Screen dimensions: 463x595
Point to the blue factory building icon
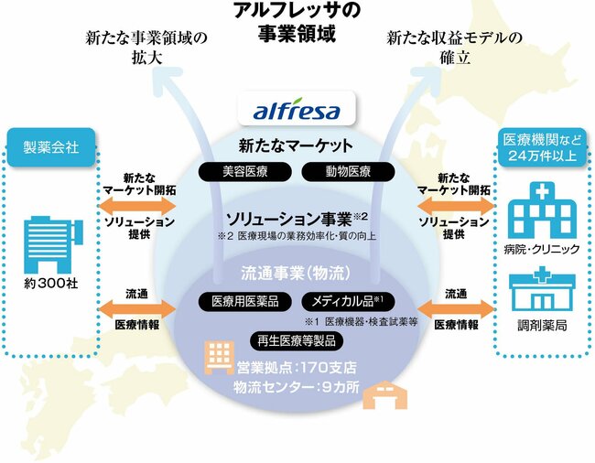[x=51, y=240]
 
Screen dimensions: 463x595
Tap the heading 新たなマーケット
[x=296, y=145]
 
